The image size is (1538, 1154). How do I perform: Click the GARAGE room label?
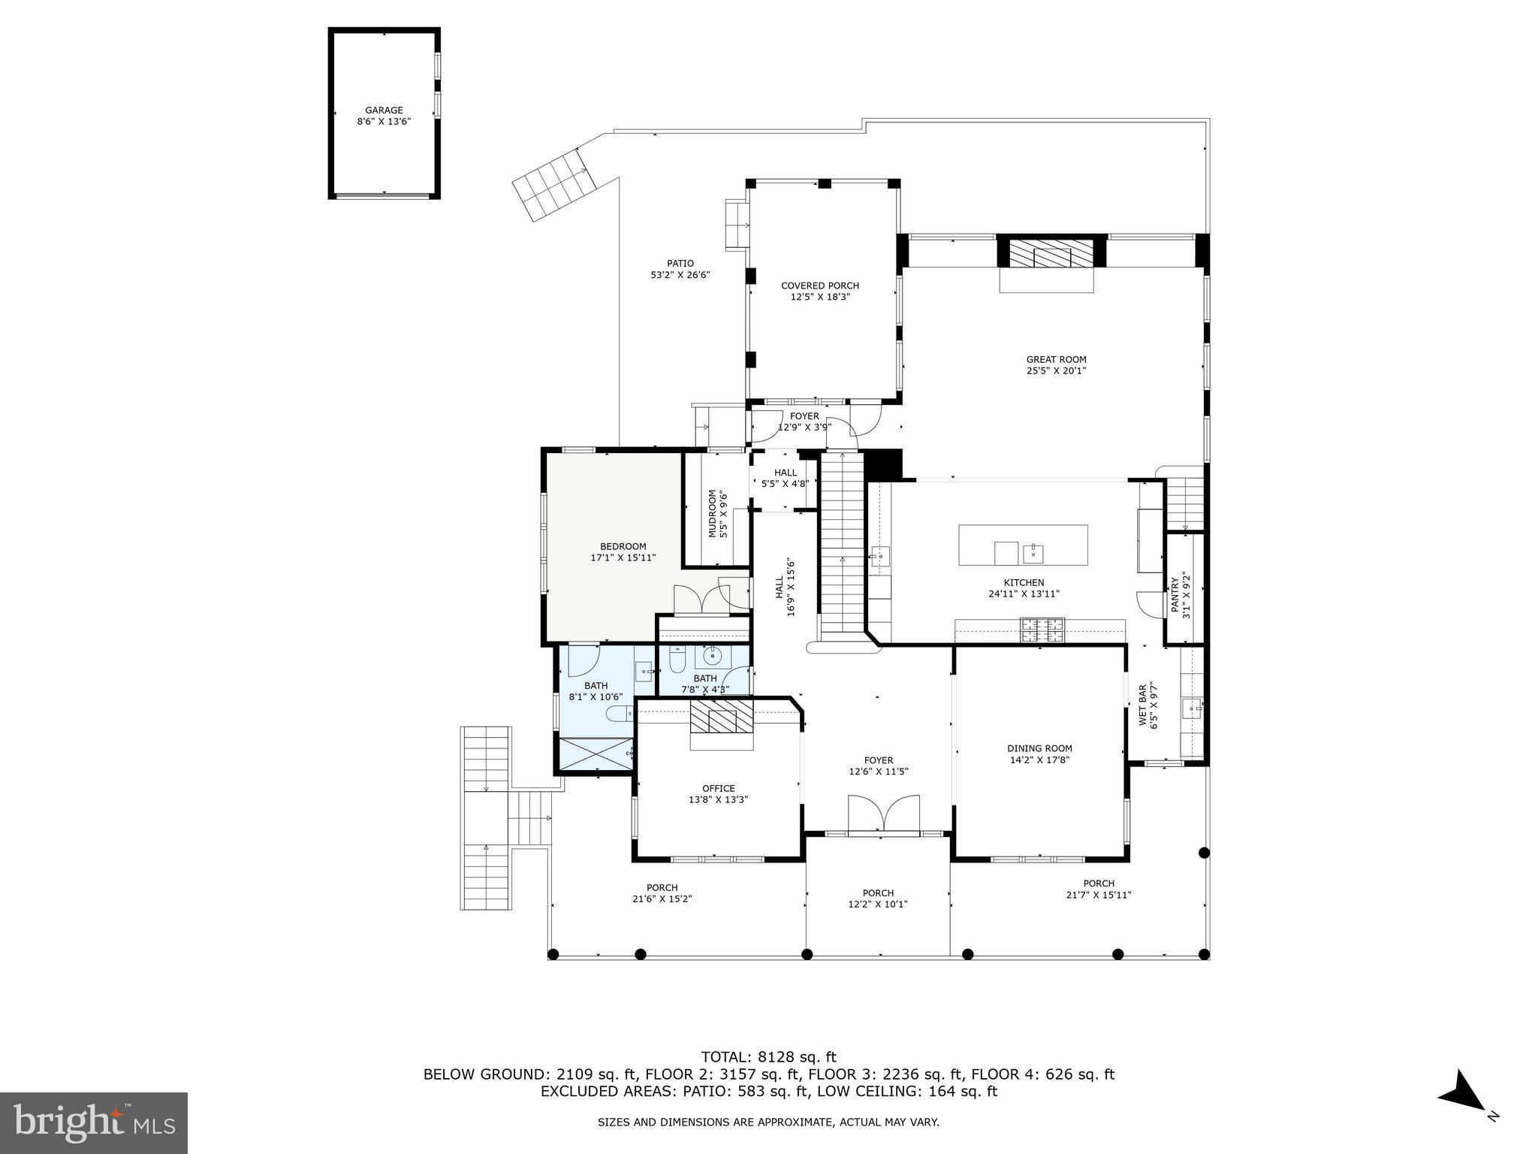point(384,110)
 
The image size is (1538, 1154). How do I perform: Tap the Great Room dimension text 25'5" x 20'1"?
point(1056,370)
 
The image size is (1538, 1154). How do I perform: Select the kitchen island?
point(1023,545)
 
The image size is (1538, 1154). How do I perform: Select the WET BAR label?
point(1143,704)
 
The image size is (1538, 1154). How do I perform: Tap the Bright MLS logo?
point(93,1122)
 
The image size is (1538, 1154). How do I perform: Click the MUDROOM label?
point(713,514)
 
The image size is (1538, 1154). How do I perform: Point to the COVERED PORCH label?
point(819,285)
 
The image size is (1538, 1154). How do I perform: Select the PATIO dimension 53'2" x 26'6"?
point(680,275)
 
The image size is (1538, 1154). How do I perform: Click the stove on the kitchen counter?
point(1042,630)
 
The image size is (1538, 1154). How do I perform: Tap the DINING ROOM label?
point(1039,748)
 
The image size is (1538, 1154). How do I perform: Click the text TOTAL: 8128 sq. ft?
point(768,1057)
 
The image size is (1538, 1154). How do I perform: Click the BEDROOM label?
point(623,546)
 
